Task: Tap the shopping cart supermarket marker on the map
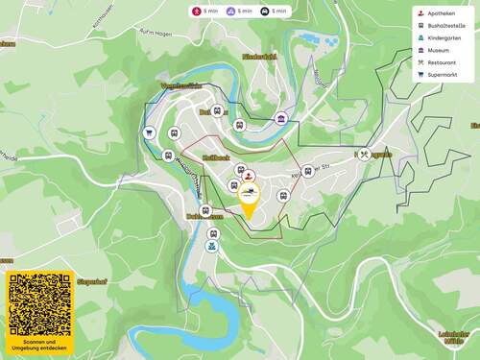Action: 149,132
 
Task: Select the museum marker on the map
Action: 281,118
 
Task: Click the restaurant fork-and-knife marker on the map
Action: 364,153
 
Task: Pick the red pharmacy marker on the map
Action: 249,175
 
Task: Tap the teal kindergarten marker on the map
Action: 212,246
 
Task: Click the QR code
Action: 39,304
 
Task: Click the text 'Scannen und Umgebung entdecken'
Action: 39,345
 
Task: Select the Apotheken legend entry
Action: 440,14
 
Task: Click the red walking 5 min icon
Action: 199,12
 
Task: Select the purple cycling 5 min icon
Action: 231,12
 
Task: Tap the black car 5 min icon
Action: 265,12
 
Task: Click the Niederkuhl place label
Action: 259,57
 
